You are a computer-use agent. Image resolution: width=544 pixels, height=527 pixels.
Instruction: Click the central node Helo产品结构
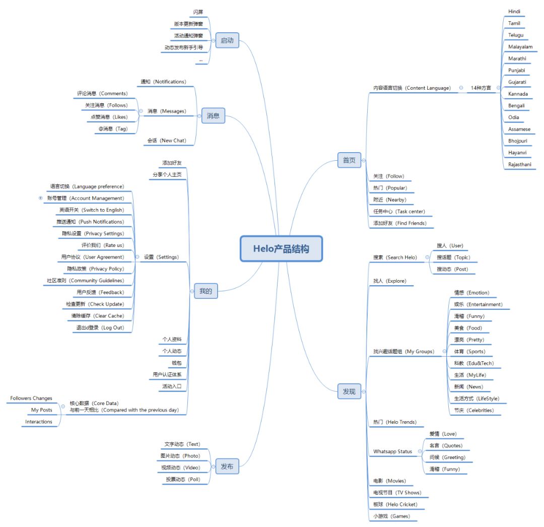281,248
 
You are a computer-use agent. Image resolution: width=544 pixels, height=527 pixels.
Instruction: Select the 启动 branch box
227,40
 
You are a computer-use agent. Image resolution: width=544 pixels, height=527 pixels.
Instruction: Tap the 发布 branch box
227,467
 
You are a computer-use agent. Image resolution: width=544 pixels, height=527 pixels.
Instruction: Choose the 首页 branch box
349,160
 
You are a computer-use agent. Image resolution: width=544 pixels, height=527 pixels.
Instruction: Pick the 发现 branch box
349,391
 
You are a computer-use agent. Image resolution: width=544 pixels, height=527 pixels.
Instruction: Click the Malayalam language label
520,47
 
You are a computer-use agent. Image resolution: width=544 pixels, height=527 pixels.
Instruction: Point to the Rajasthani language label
519,164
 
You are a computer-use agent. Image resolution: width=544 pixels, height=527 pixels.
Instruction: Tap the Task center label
399,212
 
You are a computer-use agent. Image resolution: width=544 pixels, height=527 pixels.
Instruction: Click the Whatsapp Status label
392,451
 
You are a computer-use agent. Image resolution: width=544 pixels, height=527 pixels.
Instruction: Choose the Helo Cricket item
395,504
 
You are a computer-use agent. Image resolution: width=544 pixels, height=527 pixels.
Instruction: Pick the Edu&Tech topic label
473,363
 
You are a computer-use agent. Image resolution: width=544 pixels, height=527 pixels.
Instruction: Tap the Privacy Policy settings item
95,269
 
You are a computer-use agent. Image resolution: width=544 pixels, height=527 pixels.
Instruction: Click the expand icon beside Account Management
40,198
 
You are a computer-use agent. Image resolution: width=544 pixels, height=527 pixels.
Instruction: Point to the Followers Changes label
31,399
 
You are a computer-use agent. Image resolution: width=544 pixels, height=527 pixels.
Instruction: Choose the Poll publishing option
183,479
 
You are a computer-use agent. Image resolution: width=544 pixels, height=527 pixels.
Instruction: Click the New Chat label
166,141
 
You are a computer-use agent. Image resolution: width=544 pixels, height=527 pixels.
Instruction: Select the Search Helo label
395,257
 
